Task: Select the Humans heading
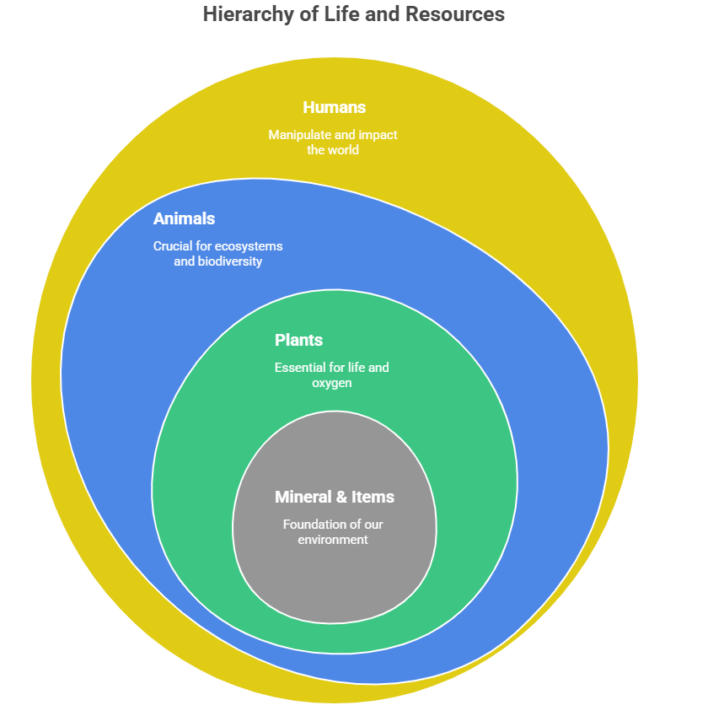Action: [334, 107]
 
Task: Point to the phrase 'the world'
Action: [333, 150]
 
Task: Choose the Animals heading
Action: [184, 218]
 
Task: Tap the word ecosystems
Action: [249, 246]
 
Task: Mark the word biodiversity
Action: [230, 261]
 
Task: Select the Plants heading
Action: [298, 340]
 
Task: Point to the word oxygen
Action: [331, 383]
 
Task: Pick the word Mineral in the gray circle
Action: [303, 497]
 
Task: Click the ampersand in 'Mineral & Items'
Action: [344, 497]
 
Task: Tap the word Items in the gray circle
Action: [374, 497]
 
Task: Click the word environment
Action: [333, 540]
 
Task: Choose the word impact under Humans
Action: [378, 135]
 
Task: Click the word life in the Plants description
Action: [359, 368]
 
